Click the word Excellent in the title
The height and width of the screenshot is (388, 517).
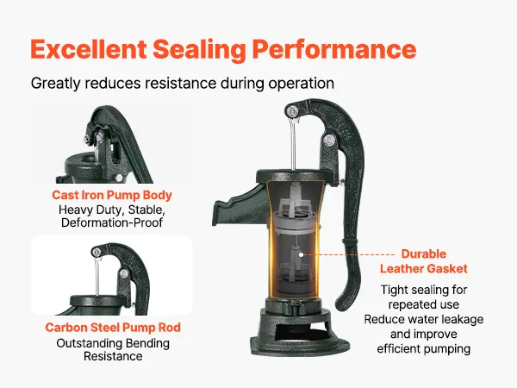89,49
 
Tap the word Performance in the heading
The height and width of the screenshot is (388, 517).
334,49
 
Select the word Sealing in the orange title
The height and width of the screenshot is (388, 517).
199,50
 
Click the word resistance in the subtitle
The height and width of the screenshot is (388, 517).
181,83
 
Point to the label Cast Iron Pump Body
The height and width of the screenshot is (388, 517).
112,195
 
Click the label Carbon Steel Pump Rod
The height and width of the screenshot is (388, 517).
113,328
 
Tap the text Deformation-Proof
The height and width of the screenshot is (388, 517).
112,222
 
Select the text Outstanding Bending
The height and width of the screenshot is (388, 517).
113,343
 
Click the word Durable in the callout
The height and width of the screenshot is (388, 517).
424,253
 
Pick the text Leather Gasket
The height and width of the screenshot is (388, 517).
424,268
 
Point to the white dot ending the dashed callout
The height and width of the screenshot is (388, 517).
301,254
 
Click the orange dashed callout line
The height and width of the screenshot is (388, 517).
349,254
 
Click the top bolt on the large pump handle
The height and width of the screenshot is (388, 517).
291,111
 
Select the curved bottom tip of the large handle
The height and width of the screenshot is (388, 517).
343,302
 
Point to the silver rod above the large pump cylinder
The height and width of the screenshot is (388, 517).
293,145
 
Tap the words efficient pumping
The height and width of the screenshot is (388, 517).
424,348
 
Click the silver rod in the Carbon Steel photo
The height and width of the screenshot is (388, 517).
97,277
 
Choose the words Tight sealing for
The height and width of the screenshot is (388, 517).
424,290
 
